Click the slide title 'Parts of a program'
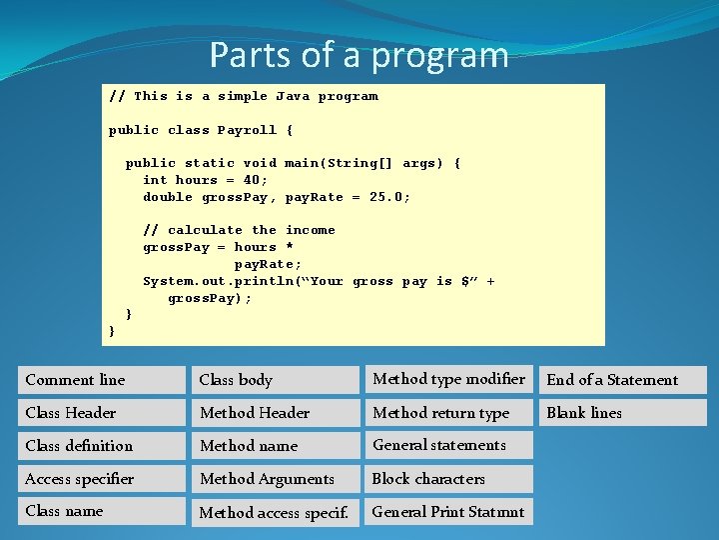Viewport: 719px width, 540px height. tap(359, 54)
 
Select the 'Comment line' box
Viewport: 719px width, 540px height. tap(102, 380)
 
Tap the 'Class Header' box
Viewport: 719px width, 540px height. tap(102, 413)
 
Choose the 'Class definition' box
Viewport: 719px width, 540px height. tap(102, 446)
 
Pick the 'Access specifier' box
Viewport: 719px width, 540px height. tap(102, 479)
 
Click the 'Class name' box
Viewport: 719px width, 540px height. tap(102, 511)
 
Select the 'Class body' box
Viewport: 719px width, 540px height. tap(276, 380)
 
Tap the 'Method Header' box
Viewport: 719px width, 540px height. tap(276, 413)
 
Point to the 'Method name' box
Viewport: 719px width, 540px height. tap(276, 446)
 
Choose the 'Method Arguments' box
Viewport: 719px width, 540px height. tap(276, 479)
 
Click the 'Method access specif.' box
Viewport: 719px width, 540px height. tap(276, 512)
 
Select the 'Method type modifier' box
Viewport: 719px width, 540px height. tap(448, 379)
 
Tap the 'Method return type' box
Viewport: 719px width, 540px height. tap(448, 413)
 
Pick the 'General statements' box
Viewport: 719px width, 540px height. tap(448, 445)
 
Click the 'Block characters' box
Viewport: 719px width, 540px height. tap(448, 479)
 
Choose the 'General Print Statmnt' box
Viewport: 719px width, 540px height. tap(448, 512)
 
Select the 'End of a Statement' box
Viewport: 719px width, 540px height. tap(623, 380)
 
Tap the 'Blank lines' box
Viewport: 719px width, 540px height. tap(623, 413)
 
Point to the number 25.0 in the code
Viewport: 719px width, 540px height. tap(389, 197)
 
